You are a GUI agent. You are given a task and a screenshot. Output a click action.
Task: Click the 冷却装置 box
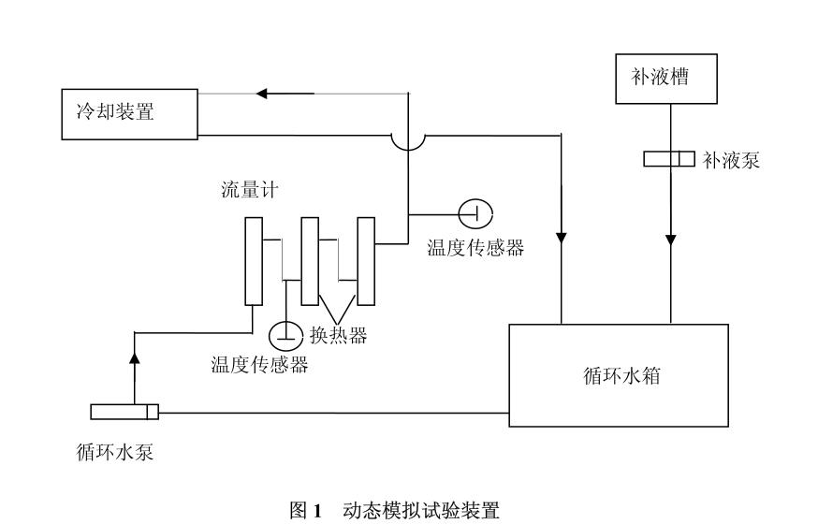[129, 113]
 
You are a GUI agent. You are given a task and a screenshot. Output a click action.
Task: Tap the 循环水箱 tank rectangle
[618, 375]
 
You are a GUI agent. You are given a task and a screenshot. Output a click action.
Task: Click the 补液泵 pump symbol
[669, 159]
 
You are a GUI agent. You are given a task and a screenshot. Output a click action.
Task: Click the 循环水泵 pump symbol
[125, 412]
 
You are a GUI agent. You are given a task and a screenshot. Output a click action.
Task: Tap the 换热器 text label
[338, 333]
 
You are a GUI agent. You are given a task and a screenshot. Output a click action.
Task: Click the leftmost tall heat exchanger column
[254, 261]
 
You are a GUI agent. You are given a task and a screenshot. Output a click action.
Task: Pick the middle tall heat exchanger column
[310, 261]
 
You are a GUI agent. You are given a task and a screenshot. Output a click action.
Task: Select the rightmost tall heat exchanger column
[366, 261]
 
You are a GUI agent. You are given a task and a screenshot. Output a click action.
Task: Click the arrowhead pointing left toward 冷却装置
[264, 94]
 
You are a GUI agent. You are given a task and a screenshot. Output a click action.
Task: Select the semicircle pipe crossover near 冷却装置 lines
[408, 140]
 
